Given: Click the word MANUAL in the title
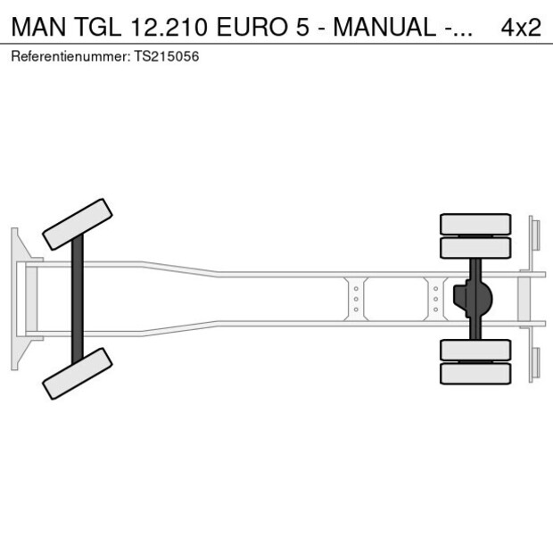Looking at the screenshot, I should (384, 27).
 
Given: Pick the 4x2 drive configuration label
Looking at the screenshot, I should (520, 27).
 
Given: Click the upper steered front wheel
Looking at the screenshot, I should (78, 224).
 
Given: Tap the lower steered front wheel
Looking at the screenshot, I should (78, 373).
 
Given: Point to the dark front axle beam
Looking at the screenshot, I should (78, 298).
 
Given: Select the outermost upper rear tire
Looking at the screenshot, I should (476, 224).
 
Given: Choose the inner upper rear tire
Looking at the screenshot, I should (476, 247).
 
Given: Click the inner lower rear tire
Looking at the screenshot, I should (476, 350).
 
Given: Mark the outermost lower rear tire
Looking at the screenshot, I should (476, 373).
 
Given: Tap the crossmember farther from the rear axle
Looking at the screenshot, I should (356, 298).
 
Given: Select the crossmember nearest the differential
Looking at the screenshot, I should (435, 298).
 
